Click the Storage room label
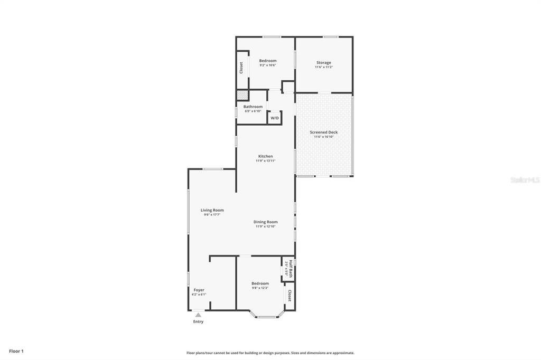click(x=323, y=63)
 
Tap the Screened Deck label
click(x=324, y=132)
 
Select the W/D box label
click(x=275, y=118)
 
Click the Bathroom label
click(x=253, y=107)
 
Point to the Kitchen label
click(x=265, y=156)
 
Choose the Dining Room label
click(x=266, y=222)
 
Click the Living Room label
click(x=212, y=210)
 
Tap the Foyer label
click(x=199, y=290)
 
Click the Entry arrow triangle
click(x=198, y=315)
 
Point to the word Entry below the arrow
click(x=198, y=321)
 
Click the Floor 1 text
click(x=16, y=350)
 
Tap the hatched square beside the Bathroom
click(x=241, y=95)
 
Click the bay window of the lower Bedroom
click(x=266, y=316)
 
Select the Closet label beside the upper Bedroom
click(x=241, y=68)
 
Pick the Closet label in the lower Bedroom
click(x=290, y=296)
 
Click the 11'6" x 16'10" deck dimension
click(x=324, y=137)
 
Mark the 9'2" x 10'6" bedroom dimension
click(x=267, y=65)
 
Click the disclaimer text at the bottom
click(x=270, y=353)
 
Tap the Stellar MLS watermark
click(x=525, y=180)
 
